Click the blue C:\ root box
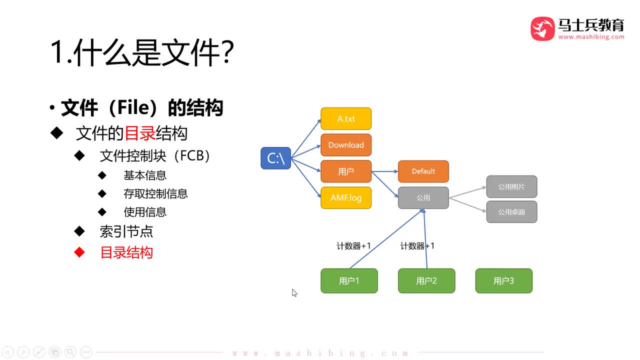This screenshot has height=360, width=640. [x=275, y=158]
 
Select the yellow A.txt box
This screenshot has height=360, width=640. [x=346, y=118]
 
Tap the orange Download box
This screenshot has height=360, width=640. [x=346, y=145]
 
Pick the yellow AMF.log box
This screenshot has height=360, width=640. [x=346, y=197]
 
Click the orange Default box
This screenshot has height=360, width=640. [x=423, y=171]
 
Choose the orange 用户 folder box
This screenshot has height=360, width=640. [x=346, y=171]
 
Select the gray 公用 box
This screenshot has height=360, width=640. [x=423, y=197]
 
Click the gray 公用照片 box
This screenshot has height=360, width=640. [x=511, y=186]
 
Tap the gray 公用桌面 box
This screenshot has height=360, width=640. [x=511, y=212]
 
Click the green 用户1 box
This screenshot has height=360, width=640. [x=349, y=280]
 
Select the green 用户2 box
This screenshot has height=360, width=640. [x=426, y=280]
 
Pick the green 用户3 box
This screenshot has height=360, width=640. [x=503, y=280]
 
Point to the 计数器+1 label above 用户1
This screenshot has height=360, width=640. [x=353, y=245]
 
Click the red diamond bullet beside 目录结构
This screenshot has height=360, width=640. [x=79, y=252]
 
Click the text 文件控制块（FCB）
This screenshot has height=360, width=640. [x=155, y=156]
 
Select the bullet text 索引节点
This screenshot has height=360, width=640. [x=126, y=231]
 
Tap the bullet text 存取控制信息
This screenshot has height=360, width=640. [x=155, y=193]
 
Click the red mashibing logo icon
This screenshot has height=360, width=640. [x=542, y=28]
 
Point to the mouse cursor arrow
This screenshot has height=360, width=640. [x=294, y=293]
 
